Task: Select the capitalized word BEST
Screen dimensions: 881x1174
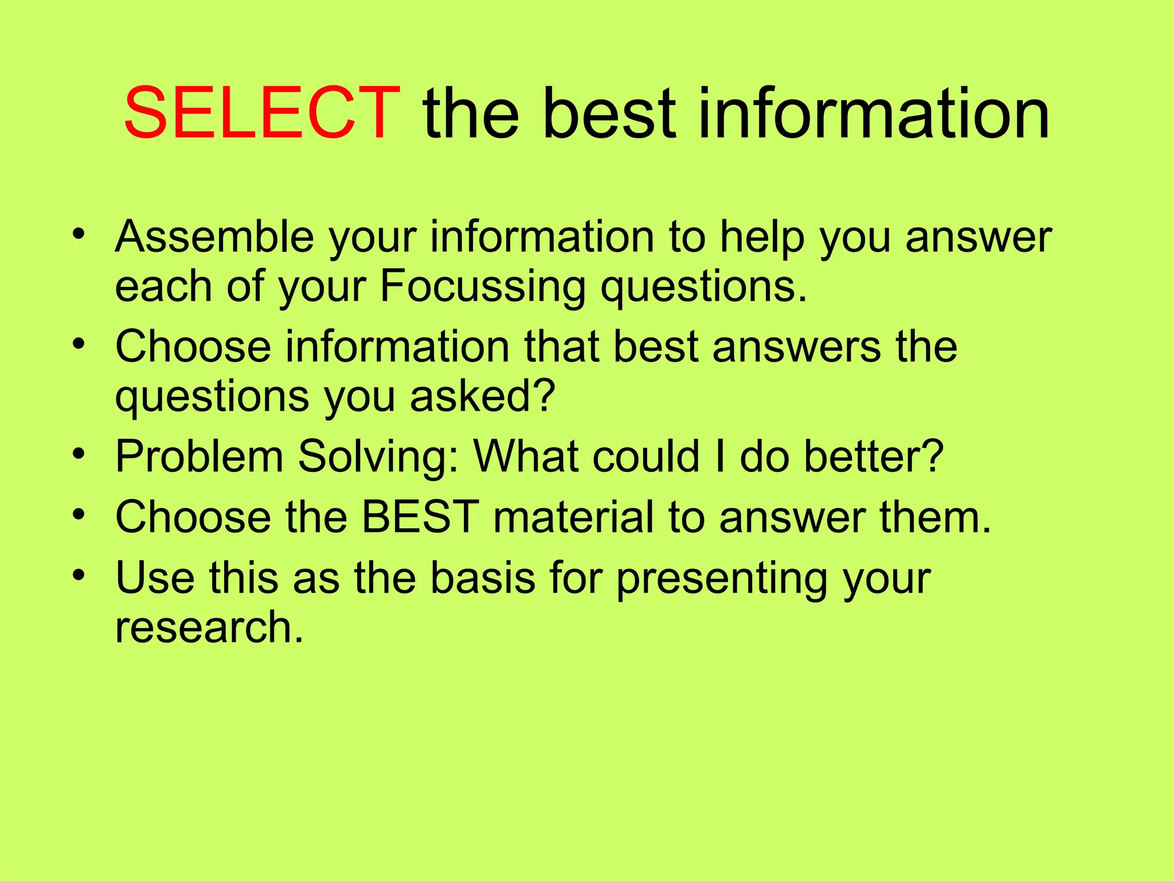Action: coord(420,517)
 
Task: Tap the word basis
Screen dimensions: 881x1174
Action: coord(483,577)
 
